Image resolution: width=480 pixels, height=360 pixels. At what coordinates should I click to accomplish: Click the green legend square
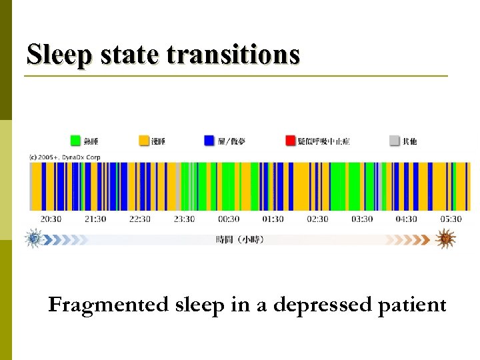[x=76, y=141]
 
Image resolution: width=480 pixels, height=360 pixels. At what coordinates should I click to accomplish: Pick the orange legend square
[x=144, y=141]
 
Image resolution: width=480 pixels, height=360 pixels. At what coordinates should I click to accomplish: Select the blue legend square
[x=209, y=141]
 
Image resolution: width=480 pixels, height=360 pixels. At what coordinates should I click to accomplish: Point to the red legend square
[x=290, y=141]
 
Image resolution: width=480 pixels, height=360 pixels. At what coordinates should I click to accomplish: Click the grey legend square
[x=395, y=141]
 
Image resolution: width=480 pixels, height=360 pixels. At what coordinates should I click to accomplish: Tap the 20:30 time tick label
[x=51, y=219]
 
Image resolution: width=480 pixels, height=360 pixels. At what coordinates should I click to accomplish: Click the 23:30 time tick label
[x=184, y=219]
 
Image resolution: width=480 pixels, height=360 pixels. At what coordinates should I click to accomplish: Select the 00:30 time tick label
[x=229, y=219]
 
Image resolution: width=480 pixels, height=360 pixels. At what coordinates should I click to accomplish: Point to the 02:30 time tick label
[x=317, y=219]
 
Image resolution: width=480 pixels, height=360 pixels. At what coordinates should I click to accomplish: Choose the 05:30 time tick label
[x=451, y=219]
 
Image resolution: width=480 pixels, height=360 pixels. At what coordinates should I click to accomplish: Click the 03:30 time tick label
[x=362, y=219]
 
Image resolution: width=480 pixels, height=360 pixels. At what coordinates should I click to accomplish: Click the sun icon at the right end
[x=445, y=239]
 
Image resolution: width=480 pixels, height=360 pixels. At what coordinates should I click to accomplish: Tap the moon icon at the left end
[x=33, y=239]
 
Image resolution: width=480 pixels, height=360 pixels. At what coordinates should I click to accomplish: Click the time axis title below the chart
[x=239, y=239]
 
